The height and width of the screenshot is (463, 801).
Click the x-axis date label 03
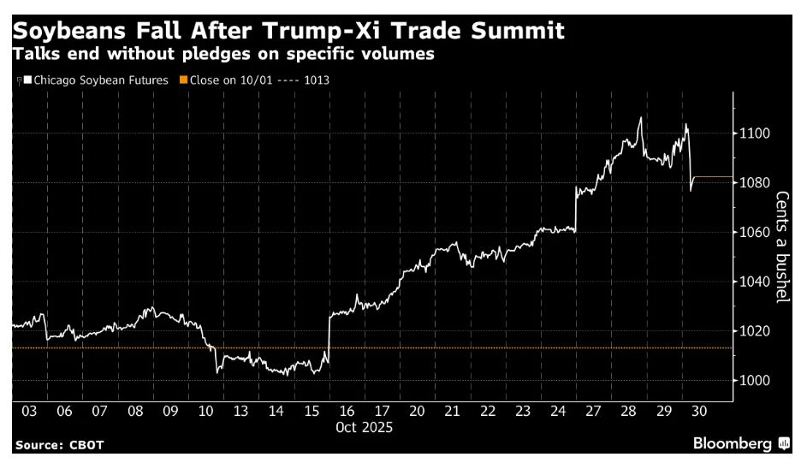pos(28,412)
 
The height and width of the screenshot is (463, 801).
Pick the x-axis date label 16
pos(346,412)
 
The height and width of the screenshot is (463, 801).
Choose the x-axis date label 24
pos(557,412)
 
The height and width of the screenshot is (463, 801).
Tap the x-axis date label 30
pos(698,412)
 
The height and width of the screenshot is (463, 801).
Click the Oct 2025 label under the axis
pos(365,427)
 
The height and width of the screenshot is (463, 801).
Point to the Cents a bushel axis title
pos(782,246)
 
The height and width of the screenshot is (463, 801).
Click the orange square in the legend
pos(183,80)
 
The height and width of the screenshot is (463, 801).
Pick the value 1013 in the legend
pos(317,80)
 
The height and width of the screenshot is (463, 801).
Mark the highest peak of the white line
pos(640,117)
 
